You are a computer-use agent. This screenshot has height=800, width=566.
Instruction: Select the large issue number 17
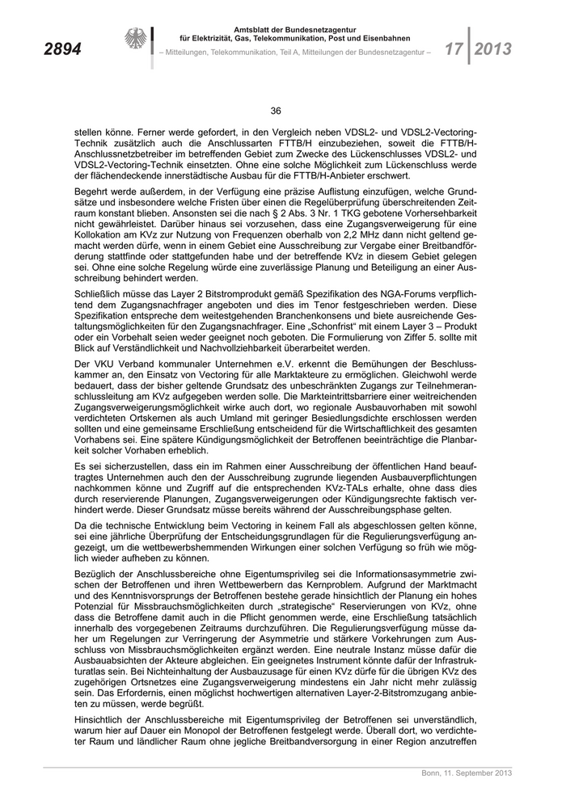point(454,49)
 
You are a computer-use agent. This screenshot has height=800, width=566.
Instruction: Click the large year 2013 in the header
point(492,49)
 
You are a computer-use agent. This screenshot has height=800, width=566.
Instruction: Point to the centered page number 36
point(275,111)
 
